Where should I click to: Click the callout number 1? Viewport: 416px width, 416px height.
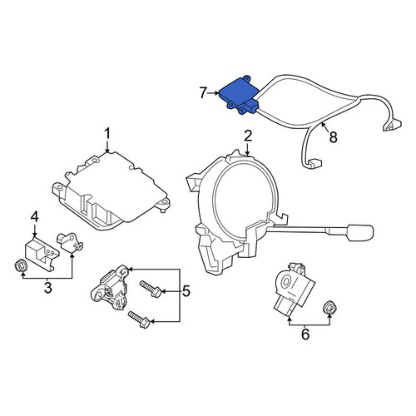coord(107,134)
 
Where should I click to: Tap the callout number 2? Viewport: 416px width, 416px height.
coord(248,136)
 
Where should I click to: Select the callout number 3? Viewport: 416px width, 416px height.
coord(47,288)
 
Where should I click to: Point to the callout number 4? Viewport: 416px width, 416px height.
coord(34,217)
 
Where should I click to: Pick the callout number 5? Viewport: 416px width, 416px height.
coord(186,291)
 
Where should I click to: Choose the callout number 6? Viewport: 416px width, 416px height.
coord(305,334)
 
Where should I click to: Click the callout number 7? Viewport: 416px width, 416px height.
coord(203,93)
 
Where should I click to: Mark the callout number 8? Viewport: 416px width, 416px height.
coord(333,136)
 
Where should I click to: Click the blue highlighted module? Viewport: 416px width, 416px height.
coord(239,95)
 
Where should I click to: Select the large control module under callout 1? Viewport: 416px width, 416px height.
coord(111,191)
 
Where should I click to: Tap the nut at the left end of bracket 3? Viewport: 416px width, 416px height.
coord(21,266)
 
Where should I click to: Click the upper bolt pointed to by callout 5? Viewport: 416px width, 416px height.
coord(151,289)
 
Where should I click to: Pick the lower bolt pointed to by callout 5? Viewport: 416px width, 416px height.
coord(139,319)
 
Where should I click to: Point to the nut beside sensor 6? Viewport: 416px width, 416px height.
coord(329,307)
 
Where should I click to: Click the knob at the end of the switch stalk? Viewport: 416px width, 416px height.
coord(359,233)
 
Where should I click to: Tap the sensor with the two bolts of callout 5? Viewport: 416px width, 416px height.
coord(110,289)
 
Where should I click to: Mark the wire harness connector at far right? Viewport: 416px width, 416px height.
coord(392,125)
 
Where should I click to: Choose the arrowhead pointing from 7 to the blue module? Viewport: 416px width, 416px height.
coord(217,93)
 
